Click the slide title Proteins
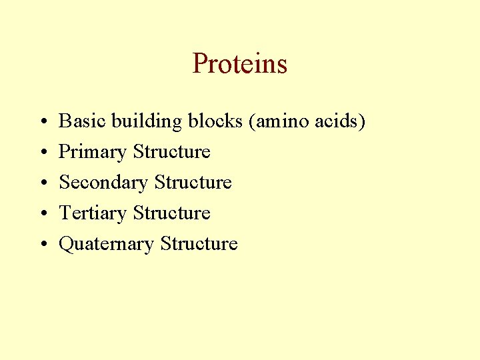coord(239,64)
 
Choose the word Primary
coord(93,153)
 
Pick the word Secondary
coord(103,183)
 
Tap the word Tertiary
coord(93,213)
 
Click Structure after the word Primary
coord(171,152)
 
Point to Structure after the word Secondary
coord(193,183)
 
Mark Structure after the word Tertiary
coord(171,213)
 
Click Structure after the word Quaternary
coord(199,244)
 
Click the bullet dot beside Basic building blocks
coord(42,123)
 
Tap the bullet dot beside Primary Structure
coord(42,153)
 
